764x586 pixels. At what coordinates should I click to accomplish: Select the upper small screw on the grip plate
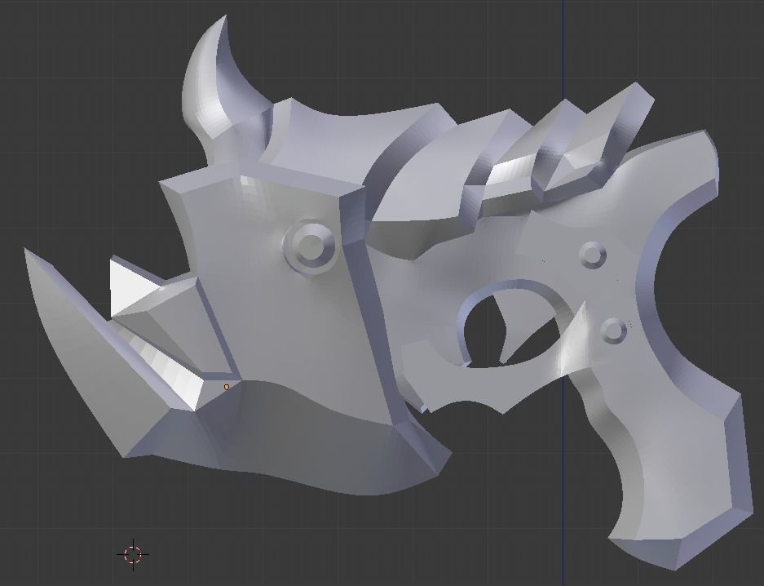(593, 255)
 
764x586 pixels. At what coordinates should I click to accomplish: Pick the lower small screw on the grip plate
(612, 330)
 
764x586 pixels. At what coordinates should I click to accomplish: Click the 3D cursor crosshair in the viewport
(133, 554)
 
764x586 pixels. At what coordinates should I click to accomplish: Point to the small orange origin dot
(227, 387)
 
